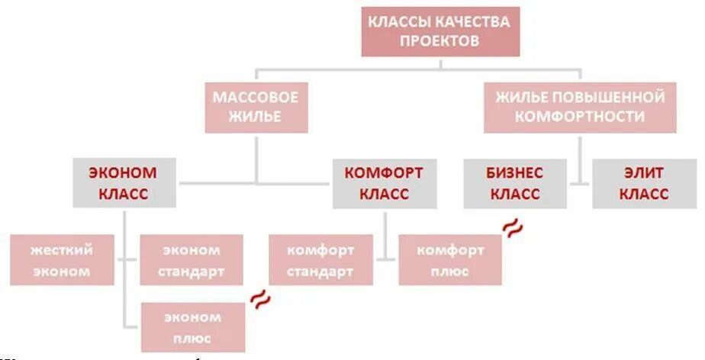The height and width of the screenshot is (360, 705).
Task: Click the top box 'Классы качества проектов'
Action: [440, 32]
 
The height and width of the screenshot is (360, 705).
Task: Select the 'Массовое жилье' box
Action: [256, 108]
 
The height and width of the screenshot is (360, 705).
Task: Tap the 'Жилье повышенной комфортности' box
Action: [580, 108]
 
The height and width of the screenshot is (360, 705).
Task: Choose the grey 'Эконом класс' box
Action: [125, 183]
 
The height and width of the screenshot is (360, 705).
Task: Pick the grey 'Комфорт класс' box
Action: [384, 183]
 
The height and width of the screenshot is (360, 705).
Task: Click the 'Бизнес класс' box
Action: [514, 183]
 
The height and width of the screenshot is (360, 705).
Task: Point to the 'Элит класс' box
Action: [644, 183]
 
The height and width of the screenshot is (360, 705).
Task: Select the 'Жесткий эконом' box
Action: [63, 260]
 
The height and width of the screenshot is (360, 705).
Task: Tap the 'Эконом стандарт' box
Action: [192, 260]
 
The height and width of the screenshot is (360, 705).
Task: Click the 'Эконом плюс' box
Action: [192, 327]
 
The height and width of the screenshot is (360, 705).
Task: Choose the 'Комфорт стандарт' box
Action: [320, 260]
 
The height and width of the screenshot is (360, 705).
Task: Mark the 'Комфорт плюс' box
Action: [449, 260]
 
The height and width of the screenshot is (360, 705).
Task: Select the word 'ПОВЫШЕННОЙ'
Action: [618, 98]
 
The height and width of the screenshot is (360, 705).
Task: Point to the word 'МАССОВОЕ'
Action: [256, 98]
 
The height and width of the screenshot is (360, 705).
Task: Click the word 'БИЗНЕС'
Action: [514, 173]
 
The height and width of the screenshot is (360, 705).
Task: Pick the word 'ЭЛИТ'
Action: [644, 173]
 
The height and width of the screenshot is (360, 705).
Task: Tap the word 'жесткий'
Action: [63, 250]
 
